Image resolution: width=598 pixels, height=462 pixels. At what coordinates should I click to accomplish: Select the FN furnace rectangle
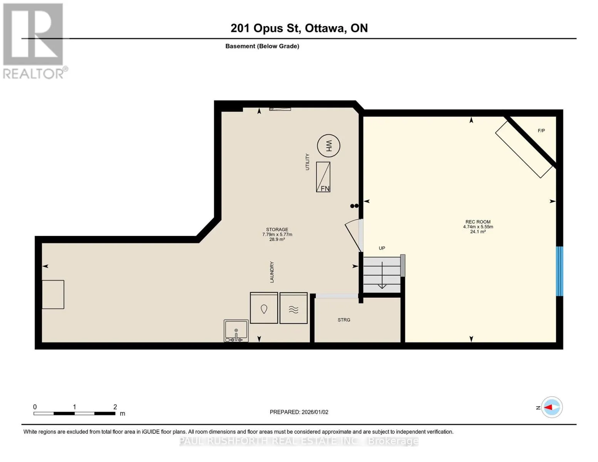pos(323,177)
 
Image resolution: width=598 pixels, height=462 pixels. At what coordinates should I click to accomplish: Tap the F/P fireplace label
pos(541,131)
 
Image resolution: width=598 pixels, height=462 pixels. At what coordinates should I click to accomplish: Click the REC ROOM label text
pos(478,222)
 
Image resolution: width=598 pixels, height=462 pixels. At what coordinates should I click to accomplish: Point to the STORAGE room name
pos(277,229)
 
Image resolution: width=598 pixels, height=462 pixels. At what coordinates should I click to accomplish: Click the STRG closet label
pos(344,320)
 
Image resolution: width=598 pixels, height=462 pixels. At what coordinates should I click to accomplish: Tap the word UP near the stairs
pos(382,248)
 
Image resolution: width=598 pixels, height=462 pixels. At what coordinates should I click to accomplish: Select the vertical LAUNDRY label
pos(272,272)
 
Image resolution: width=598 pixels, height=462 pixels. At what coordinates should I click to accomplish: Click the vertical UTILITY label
pos(307,162)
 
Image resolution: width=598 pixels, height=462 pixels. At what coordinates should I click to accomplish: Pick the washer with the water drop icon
pos(264,308)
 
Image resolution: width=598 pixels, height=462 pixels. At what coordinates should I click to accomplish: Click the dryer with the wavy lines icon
pos(293,308)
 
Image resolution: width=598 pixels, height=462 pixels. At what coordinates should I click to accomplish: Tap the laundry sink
pos(236,330)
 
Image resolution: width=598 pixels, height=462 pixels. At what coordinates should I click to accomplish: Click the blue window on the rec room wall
pos(559,271)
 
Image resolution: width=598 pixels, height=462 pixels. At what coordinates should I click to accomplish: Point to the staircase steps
pos(382,275)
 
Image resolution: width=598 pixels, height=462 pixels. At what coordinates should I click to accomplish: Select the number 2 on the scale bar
pos(115,407)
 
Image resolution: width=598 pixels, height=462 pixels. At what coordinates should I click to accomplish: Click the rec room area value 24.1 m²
pos(478,232)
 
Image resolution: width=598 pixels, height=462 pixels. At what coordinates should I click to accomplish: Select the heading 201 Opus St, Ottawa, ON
pos(299,28)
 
